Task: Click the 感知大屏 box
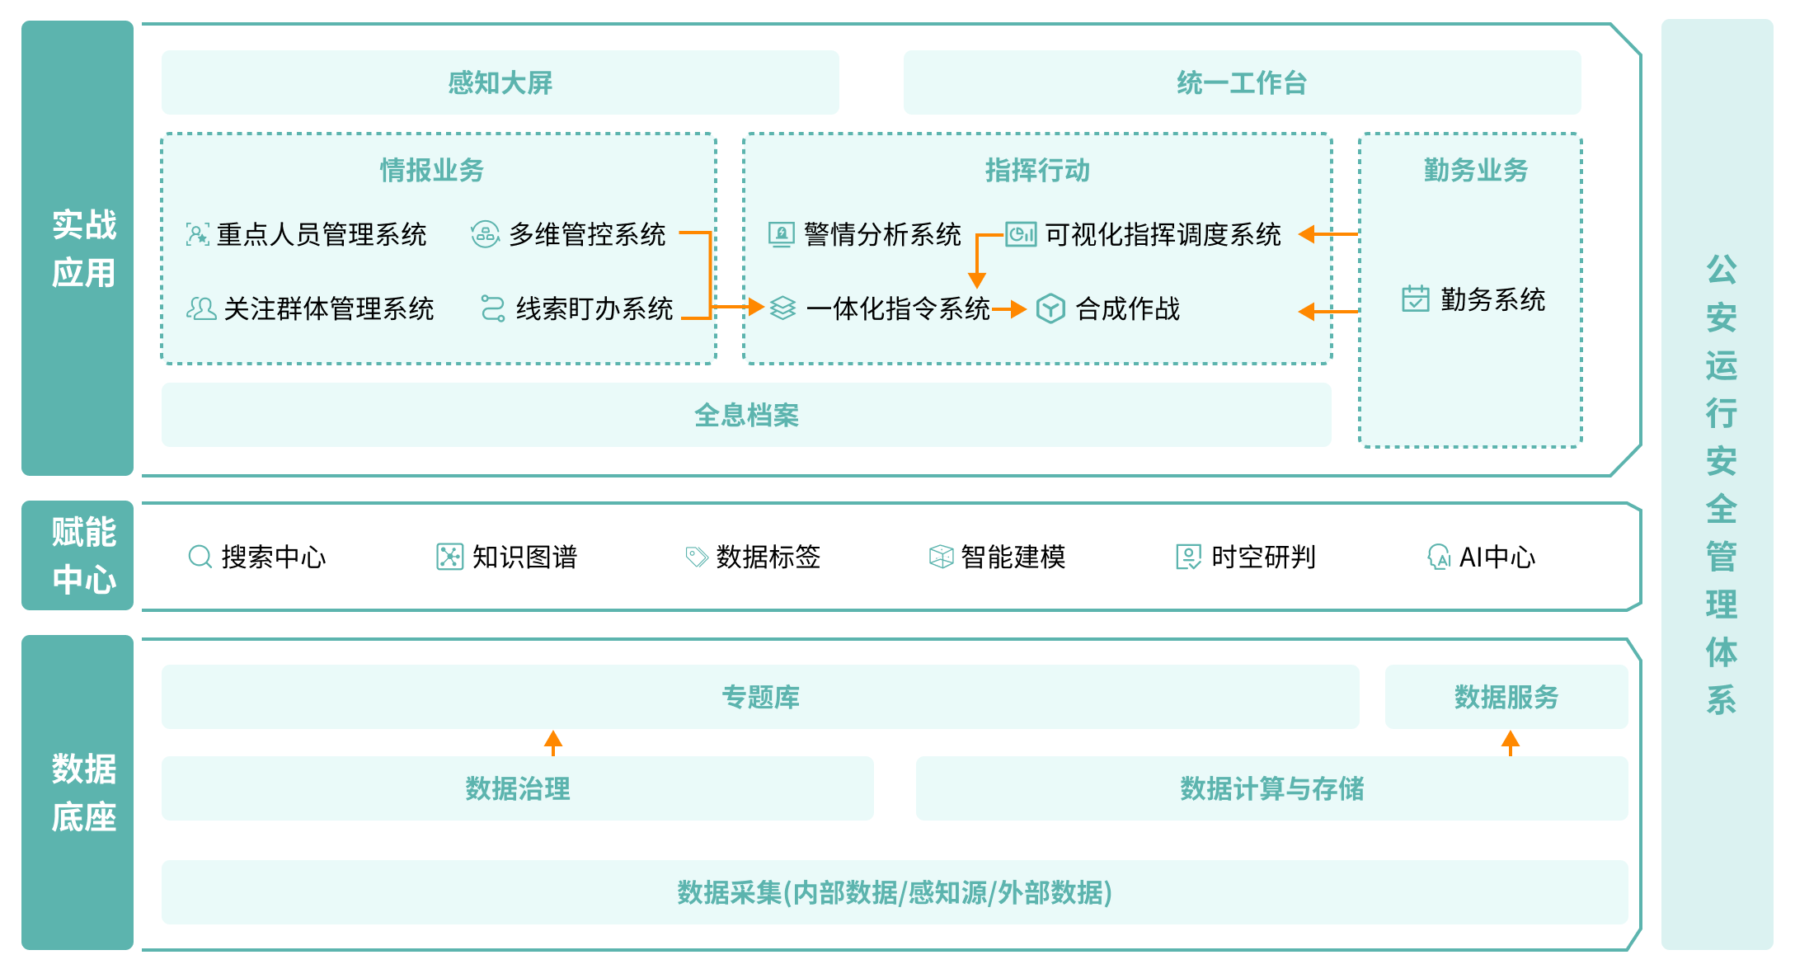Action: pos(500,82)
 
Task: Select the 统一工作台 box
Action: pos(1241,82)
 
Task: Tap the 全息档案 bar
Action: pos(745,415)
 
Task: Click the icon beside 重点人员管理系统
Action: pos(197,235)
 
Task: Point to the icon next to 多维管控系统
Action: pos(485,235)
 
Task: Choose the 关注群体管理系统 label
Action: pos(328,309)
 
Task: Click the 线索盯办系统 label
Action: pos(594,309)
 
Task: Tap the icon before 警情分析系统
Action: pos(781,235)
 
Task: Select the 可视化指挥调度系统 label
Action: pos(1163,235)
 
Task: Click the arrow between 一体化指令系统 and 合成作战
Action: pos(1009,309)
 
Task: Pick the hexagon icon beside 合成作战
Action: pos(1050,308)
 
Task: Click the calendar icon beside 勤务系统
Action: pos(1415,299)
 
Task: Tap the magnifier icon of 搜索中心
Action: pos(200,557)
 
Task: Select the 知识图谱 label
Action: pos(524,557)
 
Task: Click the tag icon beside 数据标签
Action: pos(697,557)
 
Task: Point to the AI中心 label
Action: pos(1497,557)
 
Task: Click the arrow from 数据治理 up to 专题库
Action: pos(553,742)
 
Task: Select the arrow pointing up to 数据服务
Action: pos(1510,742)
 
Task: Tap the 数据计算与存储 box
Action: pos(1271,788)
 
